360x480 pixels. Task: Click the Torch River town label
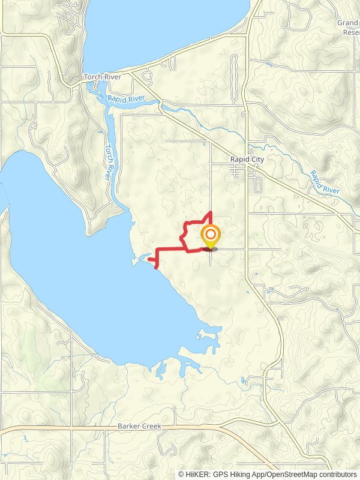click(103, 77)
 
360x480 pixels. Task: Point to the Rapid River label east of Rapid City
click(325, 182)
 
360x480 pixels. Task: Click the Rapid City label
click(247, 160)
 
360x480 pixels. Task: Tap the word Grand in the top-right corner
click(347, 23)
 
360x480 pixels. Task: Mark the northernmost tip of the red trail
click(209, 212)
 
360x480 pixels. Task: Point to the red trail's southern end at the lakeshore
click(156, 268)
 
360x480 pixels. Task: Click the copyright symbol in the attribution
click(181, 474)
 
